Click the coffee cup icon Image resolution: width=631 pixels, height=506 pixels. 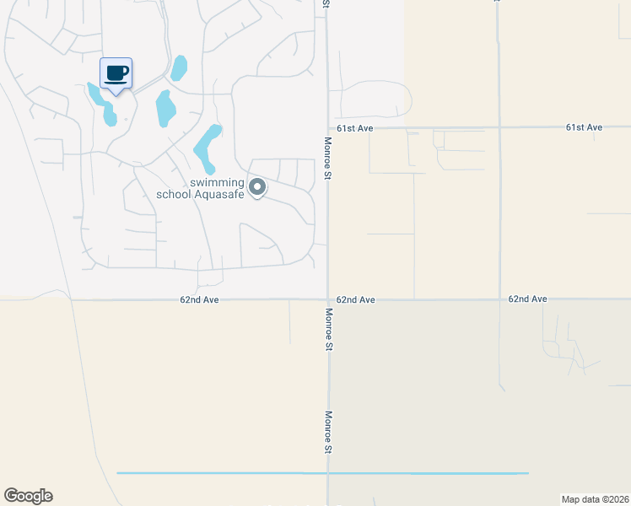(116, 73)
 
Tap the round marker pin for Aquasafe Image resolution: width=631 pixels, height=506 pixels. (256, 186)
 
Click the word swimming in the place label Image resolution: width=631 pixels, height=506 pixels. (217, 183)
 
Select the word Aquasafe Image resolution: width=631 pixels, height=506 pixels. (220, 195)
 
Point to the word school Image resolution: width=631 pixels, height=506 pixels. (175, 195)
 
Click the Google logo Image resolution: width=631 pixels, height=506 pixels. (28, 496)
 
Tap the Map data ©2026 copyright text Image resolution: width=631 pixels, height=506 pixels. (596, 498)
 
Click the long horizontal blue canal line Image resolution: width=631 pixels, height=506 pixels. (321, 473)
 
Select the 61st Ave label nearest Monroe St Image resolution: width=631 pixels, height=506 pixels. (354, 127)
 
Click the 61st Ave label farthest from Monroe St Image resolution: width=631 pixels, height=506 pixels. (584, 127)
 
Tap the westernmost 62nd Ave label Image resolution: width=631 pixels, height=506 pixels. (199, 299)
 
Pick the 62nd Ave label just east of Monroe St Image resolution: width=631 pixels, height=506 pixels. (355, 299)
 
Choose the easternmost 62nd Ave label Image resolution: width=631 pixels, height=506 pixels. (528, 299)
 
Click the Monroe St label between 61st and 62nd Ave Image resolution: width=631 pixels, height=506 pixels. (328, 157)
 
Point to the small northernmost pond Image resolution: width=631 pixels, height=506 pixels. (179, 67)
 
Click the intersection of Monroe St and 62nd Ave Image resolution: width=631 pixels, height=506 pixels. (328, 299)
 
